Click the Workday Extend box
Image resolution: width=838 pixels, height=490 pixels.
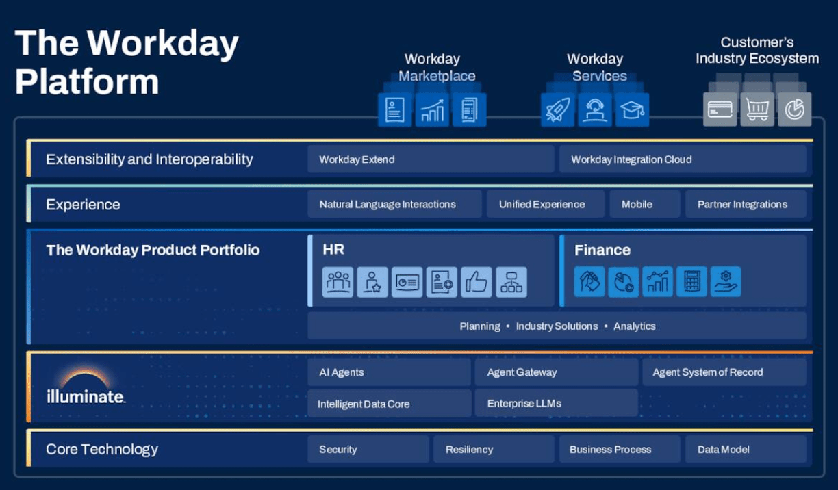point(430,159)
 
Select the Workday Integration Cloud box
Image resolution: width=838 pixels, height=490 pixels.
point(683,159)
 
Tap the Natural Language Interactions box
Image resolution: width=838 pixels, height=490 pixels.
point(394,204)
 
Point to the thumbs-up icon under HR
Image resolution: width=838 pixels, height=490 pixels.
point(477,282)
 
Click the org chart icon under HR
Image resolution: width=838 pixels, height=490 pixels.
point(511,282)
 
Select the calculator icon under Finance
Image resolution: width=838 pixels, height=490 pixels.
point(691,281)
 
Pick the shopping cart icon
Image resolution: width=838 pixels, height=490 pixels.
point(757,109)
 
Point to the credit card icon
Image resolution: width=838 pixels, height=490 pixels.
point(720,109)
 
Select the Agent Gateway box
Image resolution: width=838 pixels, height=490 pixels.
point(556,372)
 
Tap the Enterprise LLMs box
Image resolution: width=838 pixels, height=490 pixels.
point(556,403)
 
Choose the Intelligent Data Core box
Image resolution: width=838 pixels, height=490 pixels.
point(389,404)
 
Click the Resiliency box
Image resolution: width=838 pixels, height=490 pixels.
point(494,450)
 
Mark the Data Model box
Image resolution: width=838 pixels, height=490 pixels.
point(746,450)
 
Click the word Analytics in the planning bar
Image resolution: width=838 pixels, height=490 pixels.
point(634,326)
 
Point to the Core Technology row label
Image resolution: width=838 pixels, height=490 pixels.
point(102,450)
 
